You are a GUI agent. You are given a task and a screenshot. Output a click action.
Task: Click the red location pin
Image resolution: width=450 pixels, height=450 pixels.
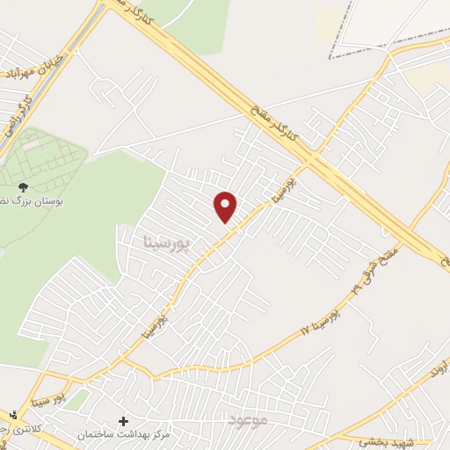pyautogui.click(x=226, y=206)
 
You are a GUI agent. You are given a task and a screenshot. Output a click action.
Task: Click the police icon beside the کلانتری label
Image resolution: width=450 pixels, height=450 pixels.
pyautogui.click(x=11, y=414)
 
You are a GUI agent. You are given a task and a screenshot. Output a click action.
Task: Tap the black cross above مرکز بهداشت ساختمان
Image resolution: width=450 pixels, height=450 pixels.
pyautogui.click(x=122, y=422)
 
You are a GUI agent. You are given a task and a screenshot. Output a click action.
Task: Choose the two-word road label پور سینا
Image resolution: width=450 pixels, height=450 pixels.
pyautogui.click(x=62, y=386)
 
